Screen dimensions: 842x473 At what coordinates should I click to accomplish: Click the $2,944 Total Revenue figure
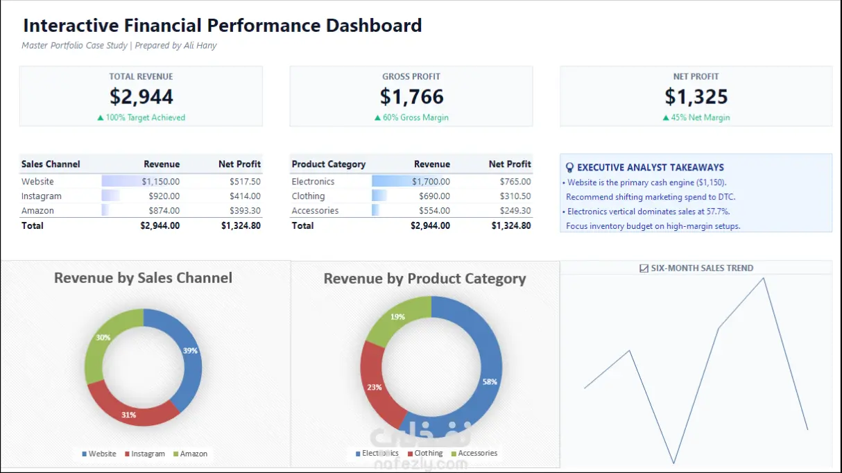pos(141,96)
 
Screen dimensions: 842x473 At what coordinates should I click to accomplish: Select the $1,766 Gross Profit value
pos(411,96)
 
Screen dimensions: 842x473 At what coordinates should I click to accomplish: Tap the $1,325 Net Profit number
pos(696,96)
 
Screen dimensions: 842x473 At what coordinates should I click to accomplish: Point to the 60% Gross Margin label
pos(411,118)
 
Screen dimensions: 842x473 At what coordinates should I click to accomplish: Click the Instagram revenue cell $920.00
pos(164,196)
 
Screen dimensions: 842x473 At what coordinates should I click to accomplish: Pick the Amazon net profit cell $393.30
pos(245,211)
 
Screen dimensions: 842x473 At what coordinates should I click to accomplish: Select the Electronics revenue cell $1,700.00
pos(431,182)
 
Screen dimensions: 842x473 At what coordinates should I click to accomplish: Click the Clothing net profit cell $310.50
pos(515,196)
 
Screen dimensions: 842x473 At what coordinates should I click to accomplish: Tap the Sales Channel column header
pos(51,164)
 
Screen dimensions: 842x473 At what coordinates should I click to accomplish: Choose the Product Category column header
pos(329,164)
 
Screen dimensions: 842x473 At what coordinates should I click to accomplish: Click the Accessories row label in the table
pos(315,211)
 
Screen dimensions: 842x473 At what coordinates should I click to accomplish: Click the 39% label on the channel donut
pos(190,350)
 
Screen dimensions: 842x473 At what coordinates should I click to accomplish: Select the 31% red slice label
pos(128,415)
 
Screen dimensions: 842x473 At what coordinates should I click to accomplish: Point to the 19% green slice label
pos(397,316)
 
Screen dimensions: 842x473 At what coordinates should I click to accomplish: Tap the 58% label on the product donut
pos(490,381)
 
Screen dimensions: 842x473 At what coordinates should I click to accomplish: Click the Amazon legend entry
pos(190,454)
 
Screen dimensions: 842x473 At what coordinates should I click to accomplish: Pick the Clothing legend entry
pos(425,453)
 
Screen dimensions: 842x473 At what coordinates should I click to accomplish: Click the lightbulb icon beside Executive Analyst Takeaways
pos(569,167)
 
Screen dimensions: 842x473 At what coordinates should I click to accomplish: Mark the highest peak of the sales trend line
pos(764,278)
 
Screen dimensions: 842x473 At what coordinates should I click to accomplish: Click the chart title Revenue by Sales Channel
pos(143,278)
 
